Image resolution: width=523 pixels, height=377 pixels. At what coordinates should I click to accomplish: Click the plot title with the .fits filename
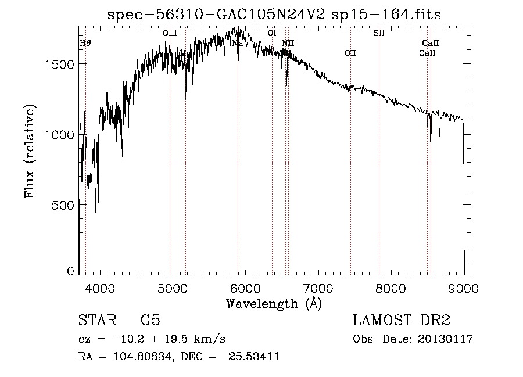tap(274, 15)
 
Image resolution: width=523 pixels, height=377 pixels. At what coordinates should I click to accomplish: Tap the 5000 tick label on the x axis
tap(172, 288)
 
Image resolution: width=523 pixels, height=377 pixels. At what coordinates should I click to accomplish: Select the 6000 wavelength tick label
tap(245, 288)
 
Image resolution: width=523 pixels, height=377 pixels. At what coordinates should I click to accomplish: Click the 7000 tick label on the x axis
tap(318, 288)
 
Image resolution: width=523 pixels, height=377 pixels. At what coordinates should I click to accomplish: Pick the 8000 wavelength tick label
tap(391, 288)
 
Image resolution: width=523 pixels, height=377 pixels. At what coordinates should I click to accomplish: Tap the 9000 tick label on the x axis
tap(463, 288)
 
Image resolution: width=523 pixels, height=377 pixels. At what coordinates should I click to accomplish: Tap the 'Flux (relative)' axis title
tap(30, 151)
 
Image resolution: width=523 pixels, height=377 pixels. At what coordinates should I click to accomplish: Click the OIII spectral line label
tap(170, 33)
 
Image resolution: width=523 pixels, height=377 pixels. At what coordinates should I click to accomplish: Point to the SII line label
tap(379, 33)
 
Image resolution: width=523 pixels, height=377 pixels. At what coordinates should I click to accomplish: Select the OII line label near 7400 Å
tap(350, 53)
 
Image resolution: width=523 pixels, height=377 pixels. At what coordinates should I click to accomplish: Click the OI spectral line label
tap(271, 33)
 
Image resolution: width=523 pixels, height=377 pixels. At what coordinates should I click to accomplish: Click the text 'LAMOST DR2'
tap(402, 321)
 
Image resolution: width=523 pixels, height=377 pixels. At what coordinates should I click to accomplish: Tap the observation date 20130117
tap(445, 339)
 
